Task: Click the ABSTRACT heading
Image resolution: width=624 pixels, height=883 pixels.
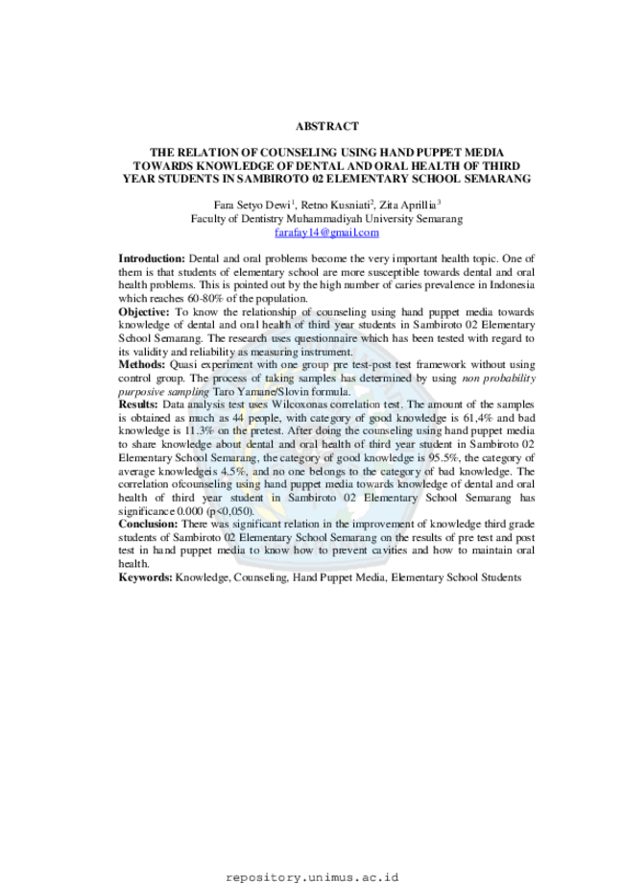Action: (x=327, y=126)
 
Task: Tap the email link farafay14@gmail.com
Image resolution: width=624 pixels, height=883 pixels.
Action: (x=327, y=232)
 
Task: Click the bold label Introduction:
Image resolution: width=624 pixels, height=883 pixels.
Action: (x=152, y=258)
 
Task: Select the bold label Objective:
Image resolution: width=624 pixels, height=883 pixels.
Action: (x=143, y=312)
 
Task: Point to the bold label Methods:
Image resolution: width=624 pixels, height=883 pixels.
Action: (x=142, y=364)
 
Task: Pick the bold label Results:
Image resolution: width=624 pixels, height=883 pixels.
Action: (x=138, y=405)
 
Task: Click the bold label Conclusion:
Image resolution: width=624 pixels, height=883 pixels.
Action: (x=148, y=524)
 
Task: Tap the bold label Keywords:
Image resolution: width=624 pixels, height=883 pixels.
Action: (x=145, y=577)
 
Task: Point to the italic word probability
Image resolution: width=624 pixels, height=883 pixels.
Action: (x=511, y=379)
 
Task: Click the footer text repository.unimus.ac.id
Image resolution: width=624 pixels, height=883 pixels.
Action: (x=312, y=877)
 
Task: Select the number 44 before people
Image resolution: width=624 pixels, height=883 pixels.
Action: (x=239, y=418)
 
